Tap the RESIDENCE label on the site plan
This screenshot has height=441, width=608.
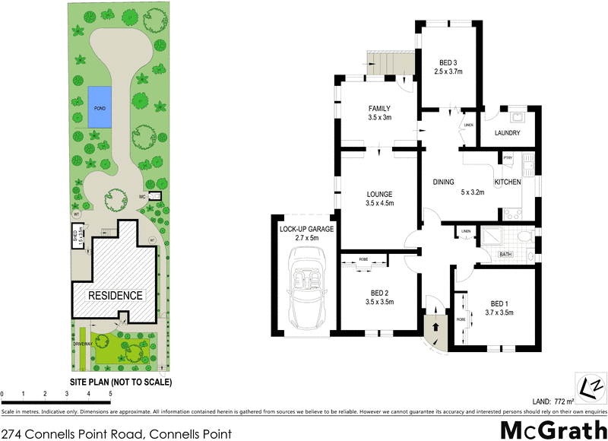115,295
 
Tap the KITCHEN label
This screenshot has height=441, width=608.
508,182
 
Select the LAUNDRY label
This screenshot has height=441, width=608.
507,133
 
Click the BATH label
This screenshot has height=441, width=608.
503,255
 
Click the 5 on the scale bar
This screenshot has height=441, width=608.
111,394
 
